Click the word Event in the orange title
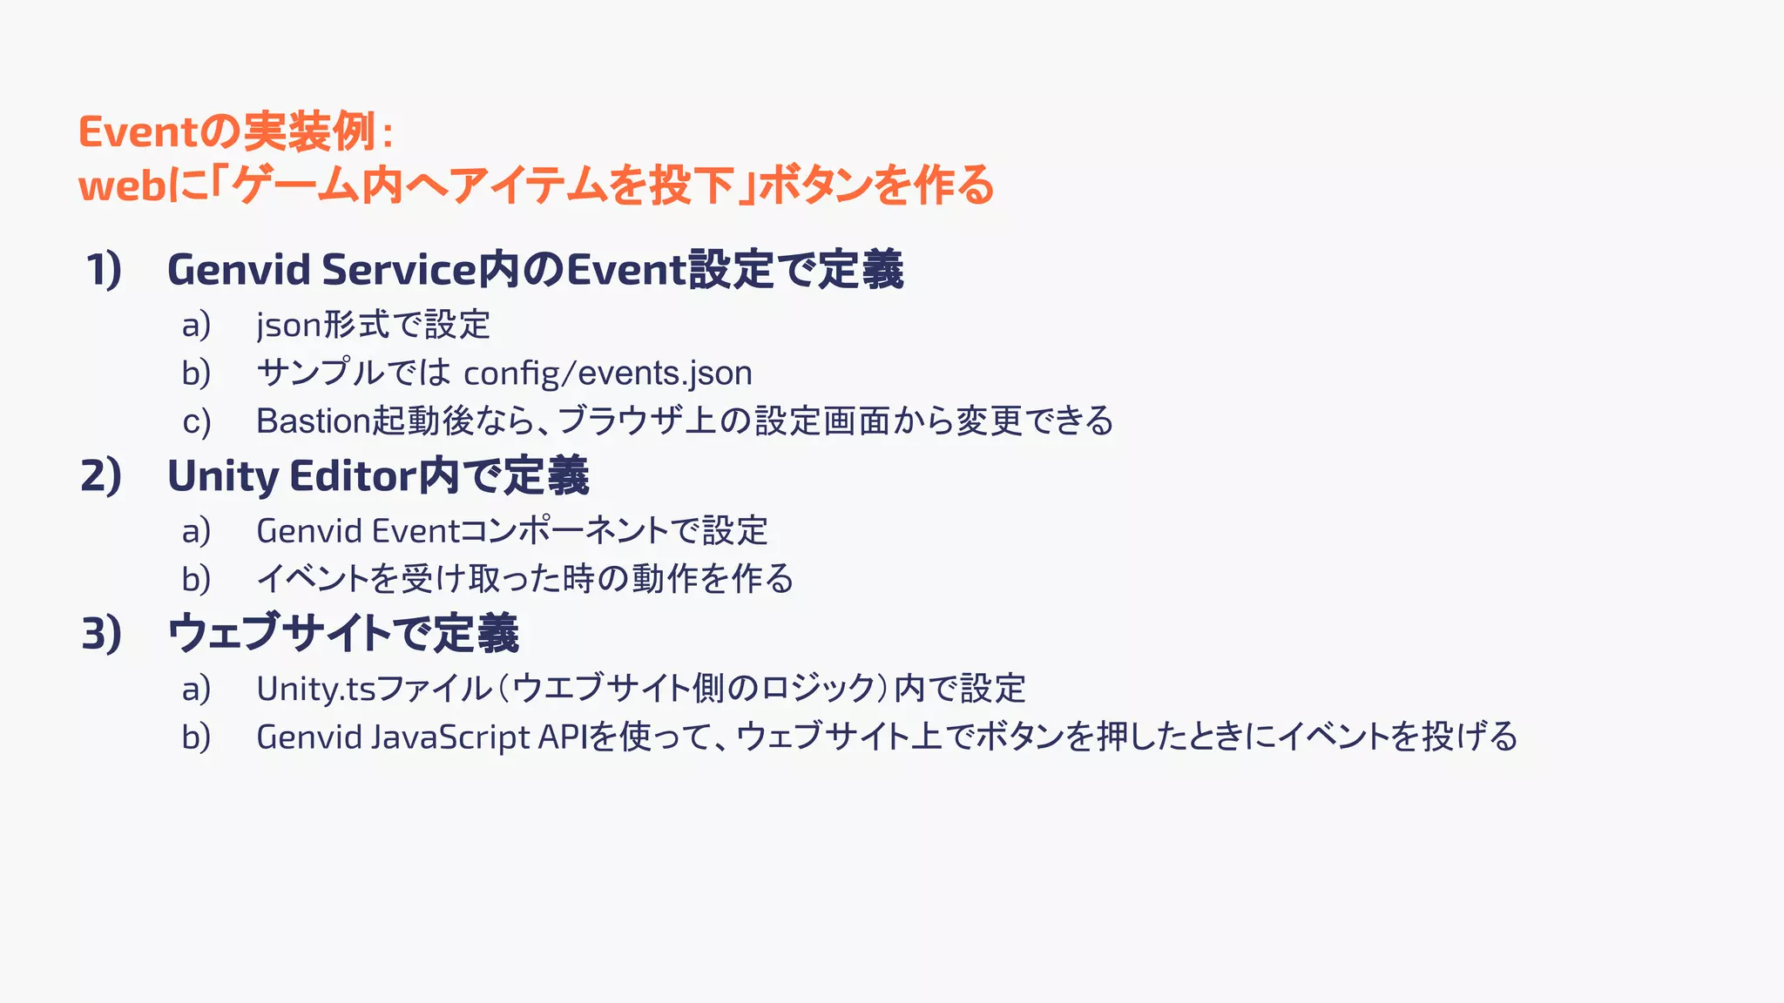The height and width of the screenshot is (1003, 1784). (139, 132)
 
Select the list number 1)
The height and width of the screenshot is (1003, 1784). (104, 269)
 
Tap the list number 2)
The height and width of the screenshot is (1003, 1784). (101, 476)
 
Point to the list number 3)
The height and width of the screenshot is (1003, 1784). (101, 633)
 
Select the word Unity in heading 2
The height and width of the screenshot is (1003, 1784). (223, 476)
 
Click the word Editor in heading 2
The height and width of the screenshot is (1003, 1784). (352, 476)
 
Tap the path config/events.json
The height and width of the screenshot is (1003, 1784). (608, 374)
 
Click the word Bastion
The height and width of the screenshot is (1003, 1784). (314, 421)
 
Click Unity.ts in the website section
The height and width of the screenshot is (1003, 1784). (315, 689)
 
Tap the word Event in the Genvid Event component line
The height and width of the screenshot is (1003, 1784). (416, 531)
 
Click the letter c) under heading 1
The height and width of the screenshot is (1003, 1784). (197, 422)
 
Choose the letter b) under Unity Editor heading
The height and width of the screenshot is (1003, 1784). (197, 579)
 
